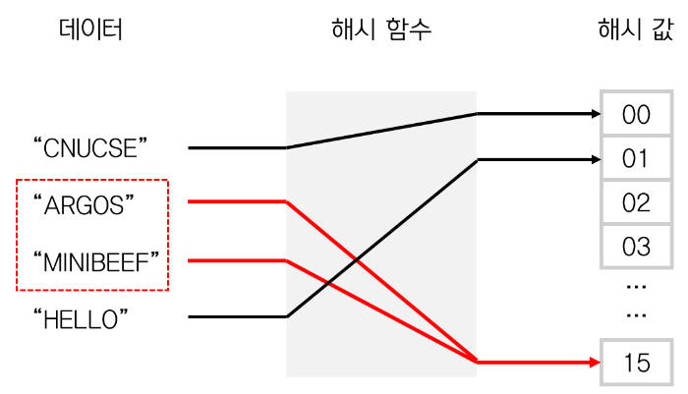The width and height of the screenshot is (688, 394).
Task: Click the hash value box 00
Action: click(x=637, y=115)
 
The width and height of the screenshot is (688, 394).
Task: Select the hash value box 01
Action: click(x=637, y=158)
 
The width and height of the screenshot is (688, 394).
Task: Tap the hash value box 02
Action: click(x=637, y=202)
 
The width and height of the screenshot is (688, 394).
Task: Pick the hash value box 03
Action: click(x=637, y=245)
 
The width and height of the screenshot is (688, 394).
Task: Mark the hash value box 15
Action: click(x=637, y=363)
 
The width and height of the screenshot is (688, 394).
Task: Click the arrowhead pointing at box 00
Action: click(x=594, y=114)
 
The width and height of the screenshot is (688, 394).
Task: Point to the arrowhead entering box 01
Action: click(x=594, y=158)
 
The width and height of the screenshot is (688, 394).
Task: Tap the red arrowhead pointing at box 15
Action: click(x=594, y=363)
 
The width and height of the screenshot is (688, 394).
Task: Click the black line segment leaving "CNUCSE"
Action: click(x=236, y=148)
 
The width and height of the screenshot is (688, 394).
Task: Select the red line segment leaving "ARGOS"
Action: click(x=236, y=202)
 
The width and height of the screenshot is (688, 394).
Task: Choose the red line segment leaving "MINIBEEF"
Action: click(x=236, y=260)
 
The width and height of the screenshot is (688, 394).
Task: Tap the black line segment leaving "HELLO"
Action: click(x=236, y=317)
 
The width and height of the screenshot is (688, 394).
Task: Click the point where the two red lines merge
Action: click(x=478, y=363)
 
